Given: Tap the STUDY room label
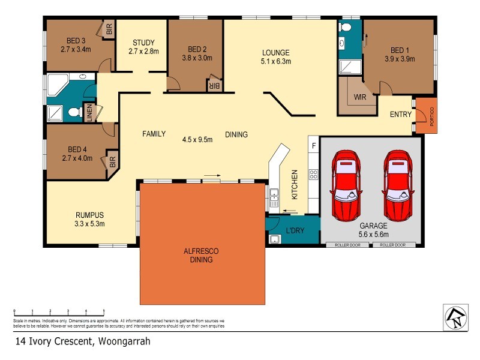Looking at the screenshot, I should (143, 43).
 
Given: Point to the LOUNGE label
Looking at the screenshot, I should (275, 52).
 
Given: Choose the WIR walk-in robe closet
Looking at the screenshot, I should (360, 97).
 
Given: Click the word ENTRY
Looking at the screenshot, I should (401, 115).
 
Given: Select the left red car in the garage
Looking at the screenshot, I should (346, 185).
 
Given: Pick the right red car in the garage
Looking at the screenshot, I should (398, 185).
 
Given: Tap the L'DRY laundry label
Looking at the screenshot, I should (295, 230).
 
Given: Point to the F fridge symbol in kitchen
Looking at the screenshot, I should (313, 145).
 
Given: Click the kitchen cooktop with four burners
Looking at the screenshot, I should (313, 175).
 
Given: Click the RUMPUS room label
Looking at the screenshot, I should (90, 215).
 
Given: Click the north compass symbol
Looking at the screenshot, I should (454, 316).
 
